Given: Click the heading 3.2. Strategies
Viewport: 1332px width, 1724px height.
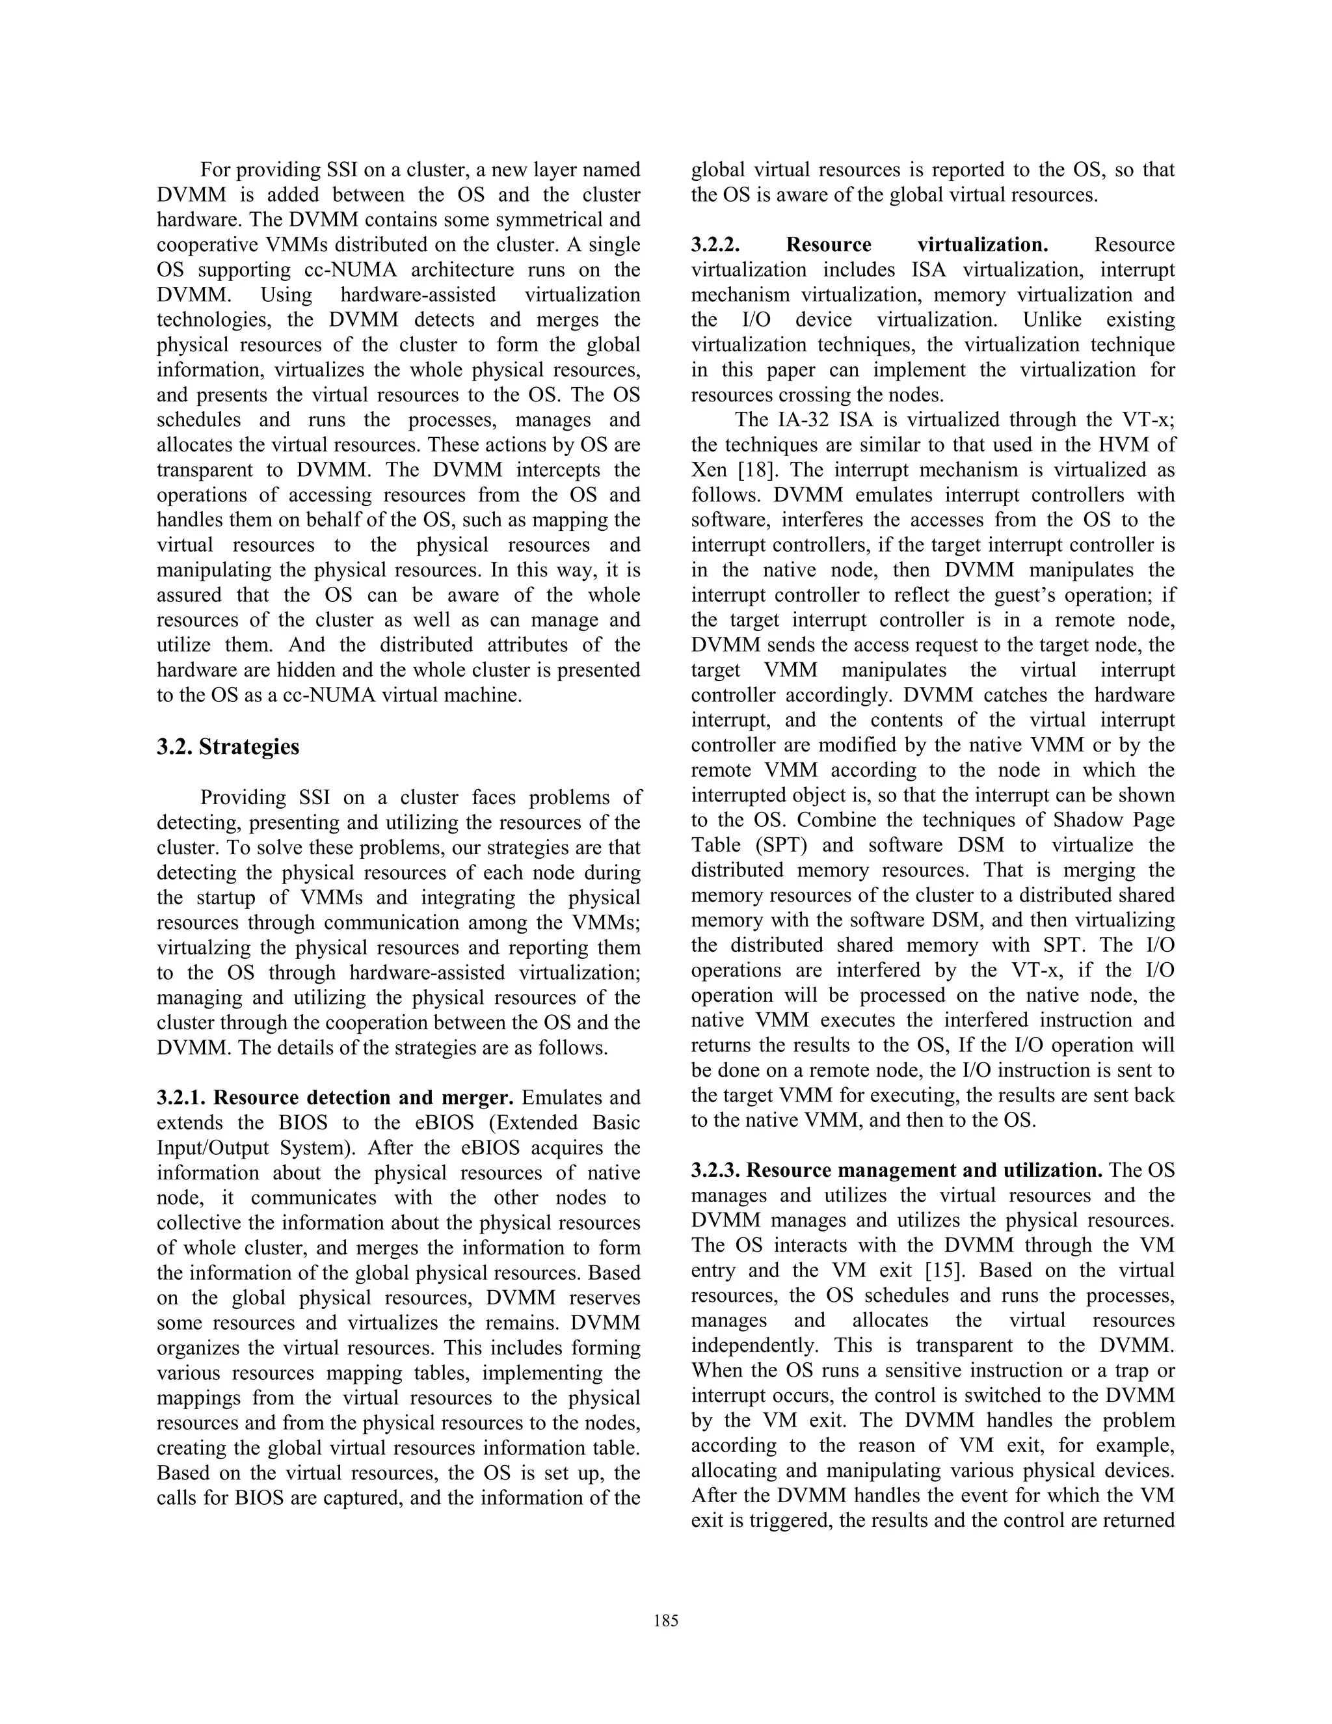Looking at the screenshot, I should coord(228,747).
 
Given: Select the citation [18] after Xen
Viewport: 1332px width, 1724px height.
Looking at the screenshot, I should coord(758,470).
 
